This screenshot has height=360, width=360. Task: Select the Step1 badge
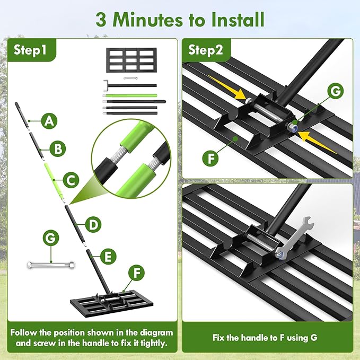coord(30,50)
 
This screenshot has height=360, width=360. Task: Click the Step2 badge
coord(209,50)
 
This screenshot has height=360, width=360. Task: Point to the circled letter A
coord(49,121)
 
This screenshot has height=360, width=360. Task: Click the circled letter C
coord(70,180)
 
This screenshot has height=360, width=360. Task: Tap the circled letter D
coord(93,224)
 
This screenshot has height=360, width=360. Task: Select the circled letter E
coord(108,257)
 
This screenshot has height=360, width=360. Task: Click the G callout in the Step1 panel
coord(51,239)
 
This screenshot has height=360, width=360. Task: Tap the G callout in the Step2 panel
coord(335,91)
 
